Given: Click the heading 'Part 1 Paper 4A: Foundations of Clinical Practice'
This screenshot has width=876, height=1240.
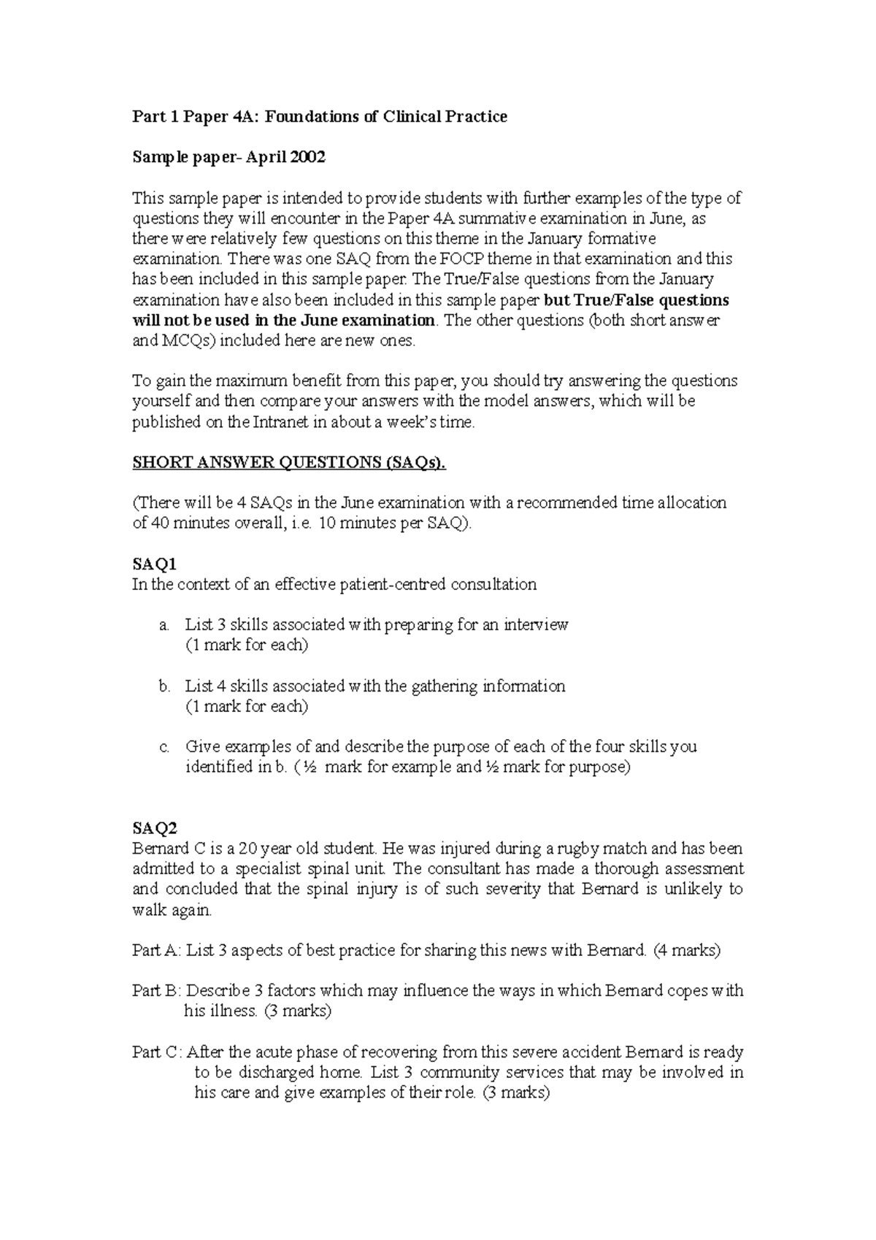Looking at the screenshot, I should coord(319,117).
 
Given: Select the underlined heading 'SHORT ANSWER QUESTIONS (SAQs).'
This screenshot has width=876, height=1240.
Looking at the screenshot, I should coord(288,462).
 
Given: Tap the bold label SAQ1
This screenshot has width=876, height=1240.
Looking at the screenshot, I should coord(154,564).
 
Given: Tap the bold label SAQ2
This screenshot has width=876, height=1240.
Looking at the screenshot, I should coord(154,828).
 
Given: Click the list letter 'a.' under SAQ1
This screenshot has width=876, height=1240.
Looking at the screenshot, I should coord(164,625).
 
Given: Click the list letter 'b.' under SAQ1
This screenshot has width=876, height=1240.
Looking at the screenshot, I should coord(164,686).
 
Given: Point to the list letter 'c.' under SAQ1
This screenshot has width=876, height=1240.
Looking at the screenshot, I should coord(164,747).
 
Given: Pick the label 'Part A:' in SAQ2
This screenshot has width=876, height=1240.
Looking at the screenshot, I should coord(156,951).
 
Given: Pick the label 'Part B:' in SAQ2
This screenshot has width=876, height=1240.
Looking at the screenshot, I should coord(156,991).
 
